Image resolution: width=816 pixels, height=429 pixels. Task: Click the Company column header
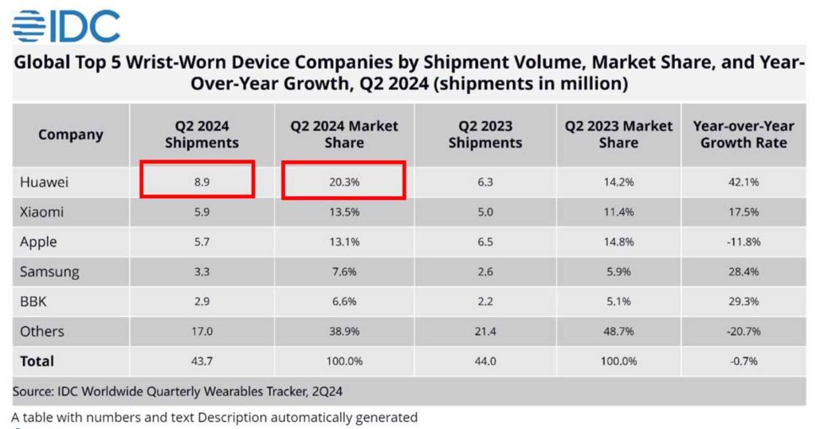pos(71,134)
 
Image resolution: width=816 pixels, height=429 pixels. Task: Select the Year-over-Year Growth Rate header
pos(743,135)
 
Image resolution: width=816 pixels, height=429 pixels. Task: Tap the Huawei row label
pos(45,182)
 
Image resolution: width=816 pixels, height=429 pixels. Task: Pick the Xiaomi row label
pos(42,212)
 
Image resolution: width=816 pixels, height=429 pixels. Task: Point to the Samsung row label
pos(49,272)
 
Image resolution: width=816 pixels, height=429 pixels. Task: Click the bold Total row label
pos(37,361)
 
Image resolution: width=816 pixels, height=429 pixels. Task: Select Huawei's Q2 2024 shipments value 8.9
pos(201,182)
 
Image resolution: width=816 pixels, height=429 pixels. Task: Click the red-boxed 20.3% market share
pos(344,182)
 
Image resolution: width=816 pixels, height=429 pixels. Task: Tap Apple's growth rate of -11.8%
pos(743,242)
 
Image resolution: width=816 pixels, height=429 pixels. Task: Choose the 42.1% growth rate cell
pos(743,182)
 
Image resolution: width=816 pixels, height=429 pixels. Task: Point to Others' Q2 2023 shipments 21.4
pos(484,332)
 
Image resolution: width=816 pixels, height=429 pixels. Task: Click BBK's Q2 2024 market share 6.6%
pos(344,301)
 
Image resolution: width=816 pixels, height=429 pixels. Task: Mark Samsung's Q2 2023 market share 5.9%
pos(618,272)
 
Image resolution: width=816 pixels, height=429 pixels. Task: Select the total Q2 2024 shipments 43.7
pos(201,361)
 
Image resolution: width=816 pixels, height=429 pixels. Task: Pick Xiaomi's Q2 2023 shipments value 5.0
pos(484,212)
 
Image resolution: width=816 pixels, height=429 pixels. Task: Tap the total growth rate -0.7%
pos(743,361)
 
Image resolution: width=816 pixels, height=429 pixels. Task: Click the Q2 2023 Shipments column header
pos(484,135)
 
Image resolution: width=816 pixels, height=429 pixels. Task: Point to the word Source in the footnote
pos(33,392)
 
